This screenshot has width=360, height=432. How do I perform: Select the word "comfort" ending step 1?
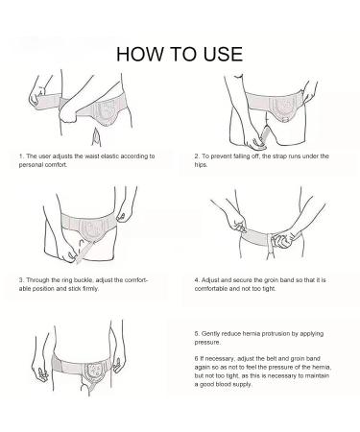[56, 165]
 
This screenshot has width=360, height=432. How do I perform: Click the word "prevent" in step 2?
[221, 156]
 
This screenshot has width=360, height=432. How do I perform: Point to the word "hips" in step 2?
[201, 165]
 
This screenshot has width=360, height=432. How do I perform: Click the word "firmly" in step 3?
[90, 289]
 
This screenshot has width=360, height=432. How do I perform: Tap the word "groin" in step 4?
[271, 280]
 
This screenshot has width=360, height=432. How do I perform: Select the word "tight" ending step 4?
[269, 289]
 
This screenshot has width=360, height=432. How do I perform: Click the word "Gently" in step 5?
[210, 334]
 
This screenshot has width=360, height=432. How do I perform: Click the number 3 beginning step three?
[21, 280]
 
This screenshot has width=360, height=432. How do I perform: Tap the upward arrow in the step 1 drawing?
[95, 137]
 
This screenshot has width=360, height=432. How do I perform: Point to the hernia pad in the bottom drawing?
[95, 372]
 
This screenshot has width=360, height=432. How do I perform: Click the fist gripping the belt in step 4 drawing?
[282, 240]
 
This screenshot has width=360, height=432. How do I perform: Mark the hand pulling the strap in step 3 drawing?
[68, 252]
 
